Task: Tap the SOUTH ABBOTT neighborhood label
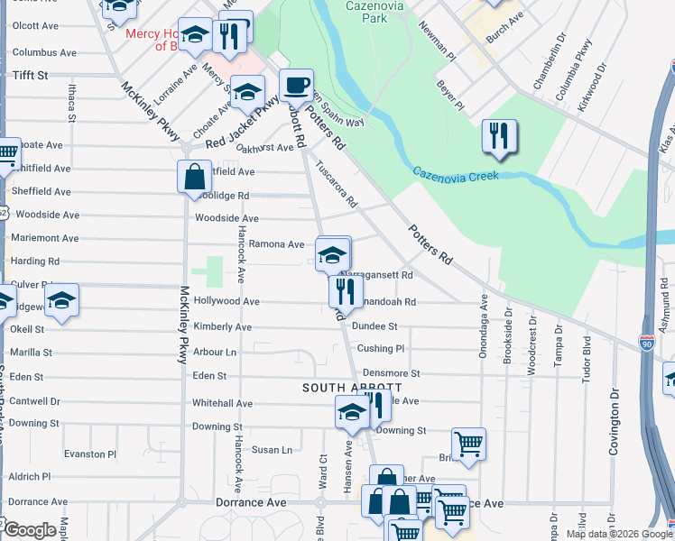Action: (338, 387)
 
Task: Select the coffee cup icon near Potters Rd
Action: (296, 87)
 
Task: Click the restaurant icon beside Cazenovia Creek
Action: (499, 136)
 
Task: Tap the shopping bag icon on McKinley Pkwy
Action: (194, 177)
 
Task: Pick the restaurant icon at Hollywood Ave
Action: (345, 290)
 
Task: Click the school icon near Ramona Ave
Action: (332, 254)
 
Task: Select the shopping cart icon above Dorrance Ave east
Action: (468, 445)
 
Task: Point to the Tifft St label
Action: (29, 76)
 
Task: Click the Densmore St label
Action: (391, 372)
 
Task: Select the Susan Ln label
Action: (272, 449)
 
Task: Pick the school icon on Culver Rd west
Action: (62, 302)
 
